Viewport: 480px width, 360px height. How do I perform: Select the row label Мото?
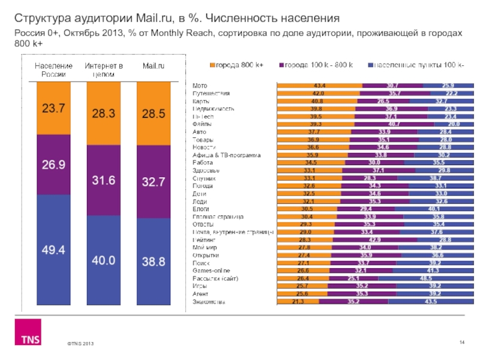(x=199, y=86)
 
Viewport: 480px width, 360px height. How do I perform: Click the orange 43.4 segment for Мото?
(x=319, y=86)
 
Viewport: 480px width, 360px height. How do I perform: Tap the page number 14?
(x=462, y=342)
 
